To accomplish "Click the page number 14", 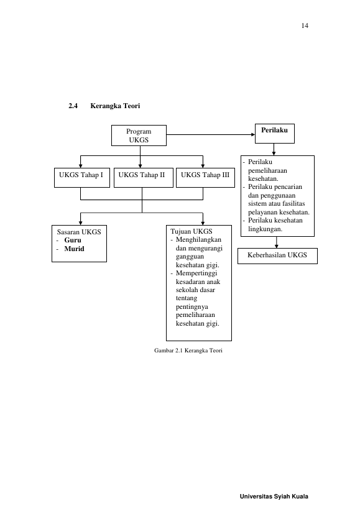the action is click(x=305, y=25).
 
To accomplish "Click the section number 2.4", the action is click(x=73, y=106).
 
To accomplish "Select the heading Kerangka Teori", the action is click(x=115, y=106).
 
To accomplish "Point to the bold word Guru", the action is click(x=73, y=241).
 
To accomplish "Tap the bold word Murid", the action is click(x=74, y=249).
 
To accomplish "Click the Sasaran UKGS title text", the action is click(x=79, y=232).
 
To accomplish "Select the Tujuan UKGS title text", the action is click(x=192, y=231).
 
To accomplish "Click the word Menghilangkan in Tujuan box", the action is click(x=199, y=240).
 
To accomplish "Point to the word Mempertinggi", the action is click(x=196, y=273).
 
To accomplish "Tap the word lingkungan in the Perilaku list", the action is click(x=265, y=229).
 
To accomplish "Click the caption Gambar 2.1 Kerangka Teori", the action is click(x=188, y=351).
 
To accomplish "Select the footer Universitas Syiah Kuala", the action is click(x=274, y=497).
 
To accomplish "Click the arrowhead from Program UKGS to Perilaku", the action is click(x=253, y=134).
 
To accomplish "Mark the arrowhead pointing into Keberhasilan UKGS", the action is click(x=276, y=246).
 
